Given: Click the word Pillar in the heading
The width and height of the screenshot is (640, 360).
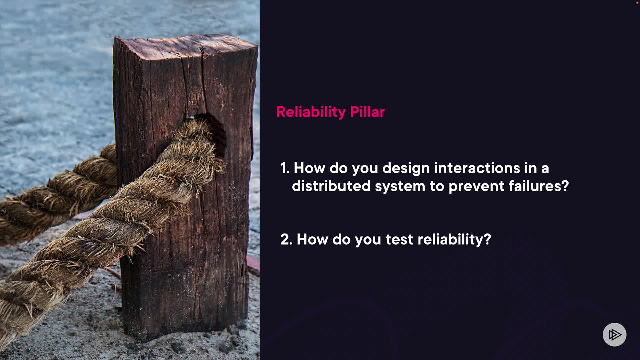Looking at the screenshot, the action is [x=367, y=112].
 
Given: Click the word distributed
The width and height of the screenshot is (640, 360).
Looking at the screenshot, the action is [x=331, y=186].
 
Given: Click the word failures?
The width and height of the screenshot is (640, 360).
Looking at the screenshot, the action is [x=539, y=186].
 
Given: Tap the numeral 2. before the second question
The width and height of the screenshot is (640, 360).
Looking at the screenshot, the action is [x=286, y=239].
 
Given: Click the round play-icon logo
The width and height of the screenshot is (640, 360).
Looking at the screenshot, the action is [x=614, y=334].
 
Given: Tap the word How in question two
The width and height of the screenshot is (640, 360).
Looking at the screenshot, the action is [x=312, y=239].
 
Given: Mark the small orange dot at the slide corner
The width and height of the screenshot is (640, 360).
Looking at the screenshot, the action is [x=637, y=2].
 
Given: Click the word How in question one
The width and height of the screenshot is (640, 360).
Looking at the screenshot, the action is [x=309, y=168].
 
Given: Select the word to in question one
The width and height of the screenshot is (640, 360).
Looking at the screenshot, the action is [x=437, y=186].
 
